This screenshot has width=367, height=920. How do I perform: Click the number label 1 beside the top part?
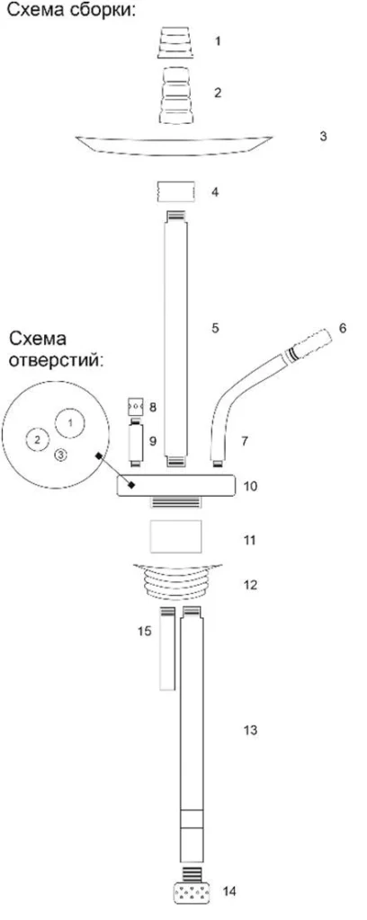(x=218, y=41)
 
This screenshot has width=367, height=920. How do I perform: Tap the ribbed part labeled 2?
(x=177, y=94)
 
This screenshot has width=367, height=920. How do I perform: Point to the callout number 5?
(x=216, y=328)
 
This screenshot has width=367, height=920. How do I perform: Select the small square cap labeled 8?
(x=136, y=406)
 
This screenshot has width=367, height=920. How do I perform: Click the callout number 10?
(x=250, y=486)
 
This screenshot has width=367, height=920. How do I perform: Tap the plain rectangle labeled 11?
(x=176, y=535)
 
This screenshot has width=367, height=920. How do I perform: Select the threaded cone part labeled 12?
(x=176, y=581)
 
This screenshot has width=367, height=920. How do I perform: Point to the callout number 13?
(x=251, y=730)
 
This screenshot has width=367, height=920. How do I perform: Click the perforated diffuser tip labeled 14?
(x=192, y=895)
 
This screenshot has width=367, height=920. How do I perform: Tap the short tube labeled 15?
(x=167, y=649)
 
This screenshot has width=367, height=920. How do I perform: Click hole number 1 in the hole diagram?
(x=70, y=422)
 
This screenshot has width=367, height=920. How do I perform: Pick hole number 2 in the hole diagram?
(x=38, y=439)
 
